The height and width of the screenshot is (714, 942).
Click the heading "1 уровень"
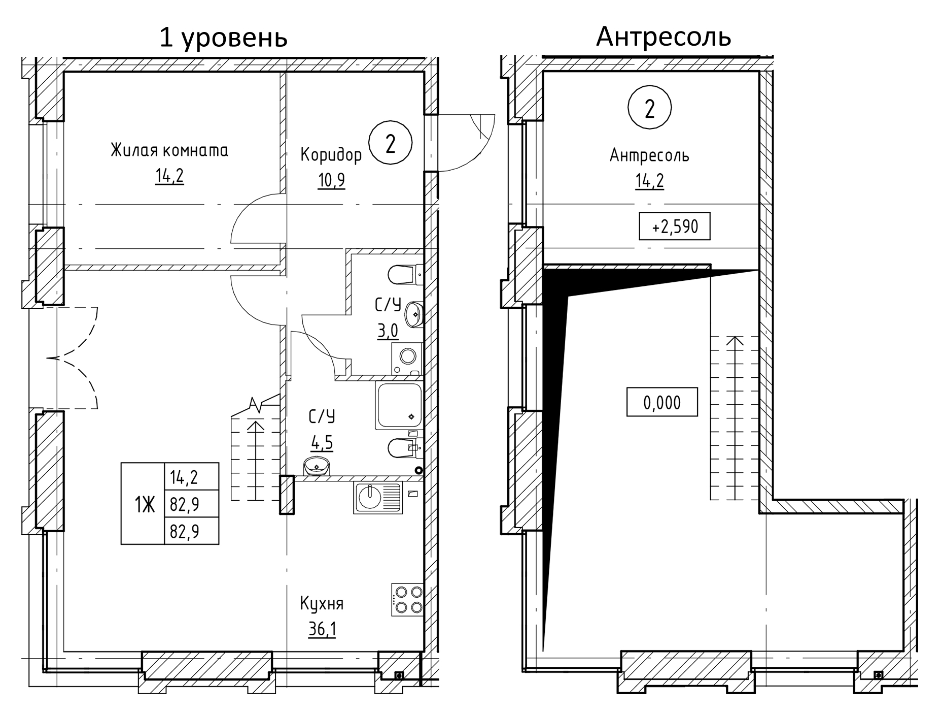[223, 37]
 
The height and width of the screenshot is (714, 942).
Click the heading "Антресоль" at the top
[664, 37]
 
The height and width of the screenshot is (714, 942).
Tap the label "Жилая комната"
[169, 150]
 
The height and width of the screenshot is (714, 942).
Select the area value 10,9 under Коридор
[332, 180]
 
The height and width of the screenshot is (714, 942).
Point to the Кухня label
[322, 604]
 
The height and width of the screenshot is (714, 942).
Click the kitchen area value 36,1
[322, 630]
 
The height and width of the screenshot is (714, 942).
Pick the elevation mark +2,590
[675, 226]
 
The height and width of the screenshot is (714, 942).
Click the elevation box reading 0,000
[662, 402]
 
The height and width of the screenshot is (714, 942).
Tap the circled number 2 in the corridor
[390, 144]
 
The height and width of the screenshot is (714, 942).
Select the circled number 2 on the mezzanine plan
[649, 108]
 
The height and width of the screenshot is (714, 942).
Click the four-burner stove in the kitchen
[407, 600]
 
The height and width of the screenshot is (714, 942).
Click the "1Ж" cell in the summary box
[144, 504]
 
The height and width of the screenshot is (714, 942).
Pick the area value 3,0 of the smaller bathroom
[387, 331]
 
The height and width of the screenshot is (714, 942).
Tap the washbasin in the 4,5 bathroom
[317, 465]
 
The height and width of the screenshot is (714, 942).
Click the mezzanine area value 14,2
[649, 181]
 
